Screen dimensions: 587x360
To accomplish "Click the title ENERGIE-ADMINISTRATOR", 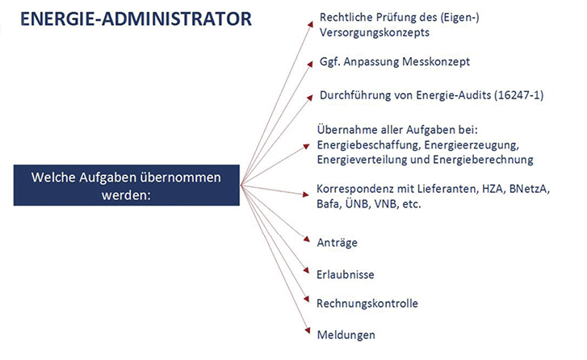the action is (136, 19).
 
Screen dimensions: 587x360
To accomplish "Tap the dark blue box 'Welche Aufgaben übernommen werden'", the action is (127, 185).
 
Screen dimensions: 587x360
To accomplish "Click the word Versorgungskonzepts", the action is (375, 33).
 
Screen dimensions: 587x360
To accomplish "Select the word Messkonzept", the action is (436, 61).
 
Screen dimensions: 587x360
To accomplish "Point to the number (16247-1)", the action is (519, 95).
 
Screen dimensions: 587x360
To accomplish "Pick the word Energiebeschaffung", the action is (369, 144).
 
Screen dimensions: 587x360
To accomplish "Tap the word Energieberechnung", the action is (484, 160).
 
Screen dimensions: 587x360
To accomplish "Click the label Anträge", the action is (337, 243).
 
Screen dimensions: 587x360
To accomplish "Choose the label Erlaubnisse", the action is (345, 274).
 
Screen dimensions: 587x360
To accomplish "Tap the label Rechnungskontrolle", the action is (367, 303).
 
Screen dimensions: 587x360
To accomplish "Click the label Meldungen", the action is (346, 335).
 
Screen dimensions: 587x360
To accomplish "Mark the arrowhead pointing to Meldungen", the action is (308, 330).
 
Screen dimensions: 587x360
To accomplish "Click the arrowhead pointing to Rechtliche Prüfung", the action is (310, 24).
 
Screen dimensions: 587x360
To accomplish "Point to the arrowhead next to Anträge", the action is (307, 239).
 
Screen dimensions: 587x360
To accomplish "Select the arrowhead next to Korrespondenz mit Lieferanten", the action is (305, 195).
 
